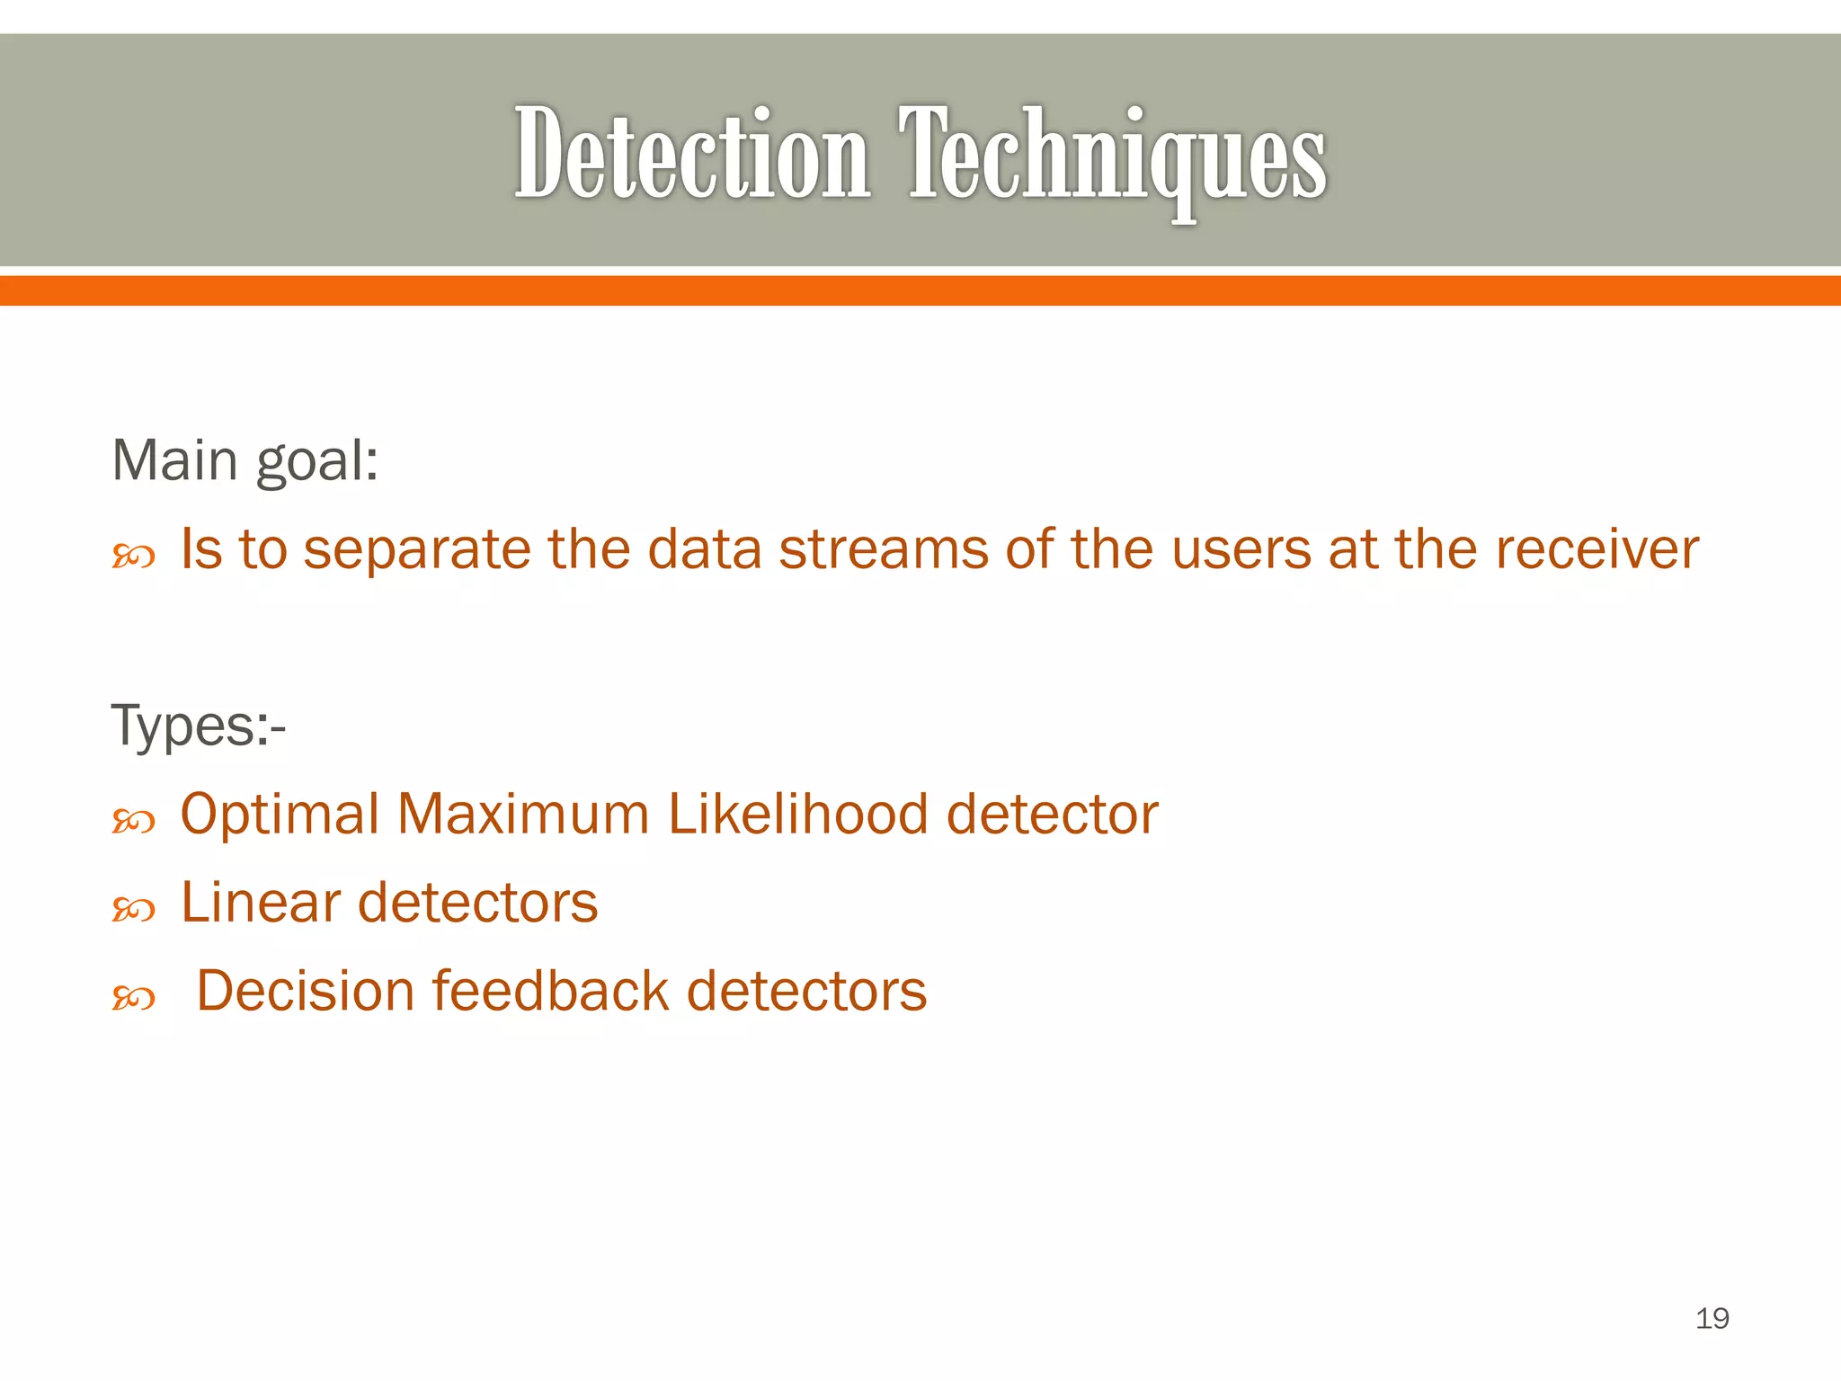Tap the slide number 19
1712,1318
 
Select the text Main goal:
245,460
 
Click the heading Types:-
198,725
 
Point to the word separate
417,550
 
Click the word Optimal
280,815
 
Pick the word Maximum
523,815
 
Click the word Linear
261,903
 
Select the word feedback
551,991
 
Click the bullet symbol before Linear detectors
133,911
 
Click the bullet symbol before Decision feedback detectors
133,998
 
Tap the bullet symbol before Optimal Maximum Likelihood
133,822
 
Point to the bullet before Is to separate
133,557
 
